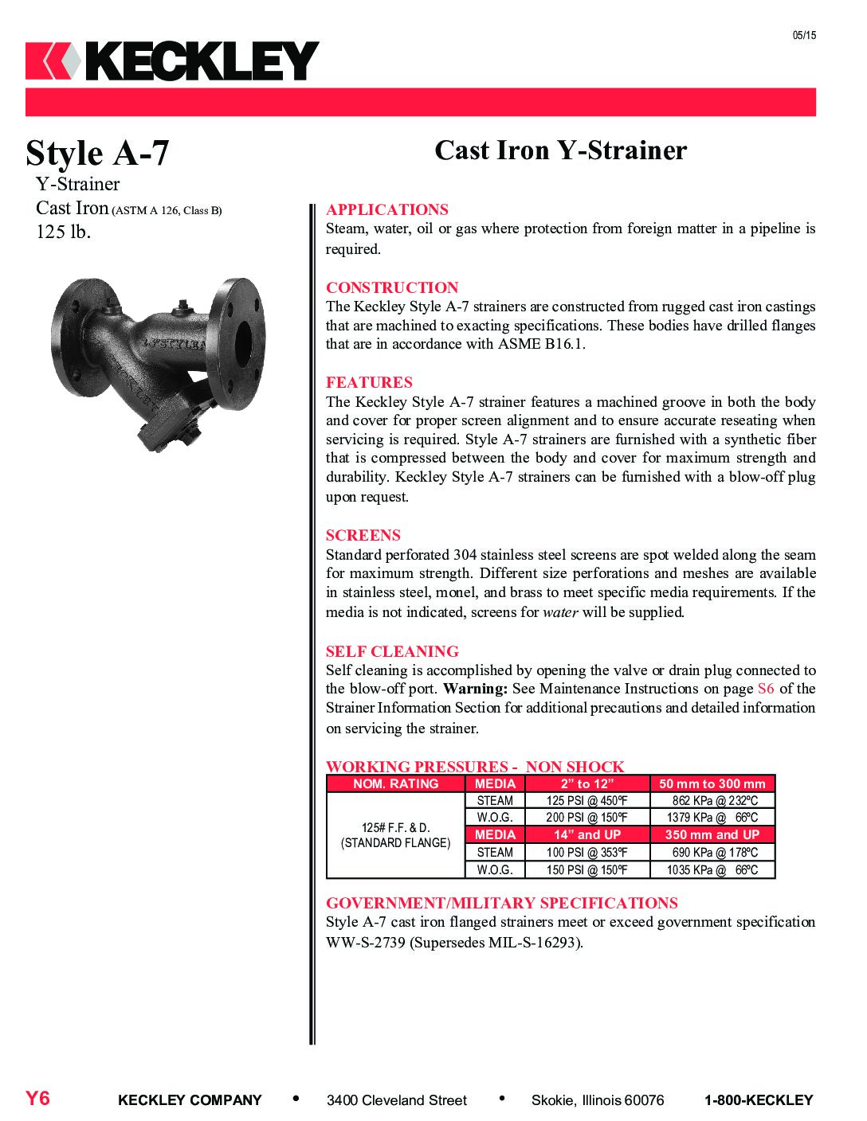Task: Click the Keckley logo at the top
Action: point(172,61)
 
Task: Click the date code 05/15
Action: point(804,35)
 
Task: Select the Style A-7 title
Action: point(97,153)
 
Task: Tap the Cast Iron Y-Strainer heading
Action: point(560,150)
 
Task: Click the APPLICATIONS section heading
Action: point(386,209)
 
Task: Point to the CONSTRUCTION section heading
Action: point(392,287)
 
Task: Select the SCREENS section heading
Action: point(363,535)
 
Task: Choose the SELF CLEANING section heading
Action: point(392,651)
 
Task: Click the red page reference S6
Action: point(765,689)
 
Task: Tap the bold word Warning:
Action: point(475,689)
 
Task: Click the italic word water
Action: point(560,612)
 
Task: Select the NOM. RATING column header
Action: point(395,783)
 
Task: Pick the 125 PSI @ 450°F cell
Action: point(586,801)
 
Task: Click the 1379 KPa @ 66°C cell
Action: point(712,818)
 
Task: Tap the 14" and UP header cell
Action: point(587,834)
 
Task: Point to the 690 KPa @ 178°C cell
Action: point(712,852)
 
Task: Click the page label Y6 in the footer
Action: point(37,1099)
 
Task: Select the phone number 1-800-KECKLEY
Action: point(758,1100)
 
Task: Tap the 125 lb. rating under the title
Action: point(64,232)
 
